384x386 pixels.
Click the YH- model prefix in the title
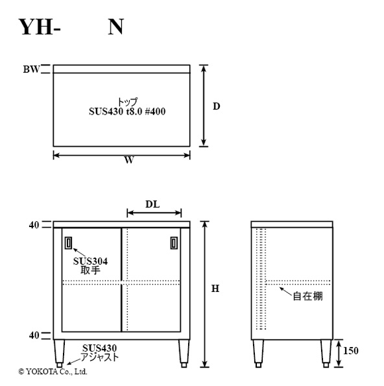click(39, 27)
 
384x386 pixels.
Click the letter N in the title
click(116, 27)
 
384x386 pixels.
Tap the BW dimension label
click(31, 70)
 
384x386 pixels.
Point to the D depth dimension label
click(216, 107)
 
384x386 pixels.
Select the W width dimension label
click(129, 160)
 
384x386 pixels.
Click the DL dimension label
click(153, 204)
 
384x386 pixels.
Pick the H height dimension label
click(215, 288)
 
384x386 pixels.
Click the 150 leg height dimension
click(351, 350)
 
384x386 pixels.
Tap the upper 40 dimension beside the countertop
click(34, 225)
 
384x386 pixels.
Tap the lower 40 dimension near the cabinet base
click(34, 335)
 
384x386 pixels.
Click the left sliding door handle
click(69, 243)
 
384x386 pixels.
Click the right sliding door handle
click(174, 243)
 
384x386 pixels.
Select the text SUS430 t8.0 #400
click(127, 111)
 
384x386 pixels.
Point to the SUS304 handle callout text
click(90, 261)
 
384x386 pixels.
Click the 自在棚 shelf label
click(308, 296)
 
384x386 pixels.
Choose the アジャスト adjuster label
click(100, 357)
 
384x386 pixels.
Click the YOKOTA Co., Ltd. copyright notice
click(53, 371)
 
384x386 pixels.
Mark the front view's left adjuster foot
click(60, 365)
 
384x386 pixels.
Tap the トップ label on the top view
click(127, 102)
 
